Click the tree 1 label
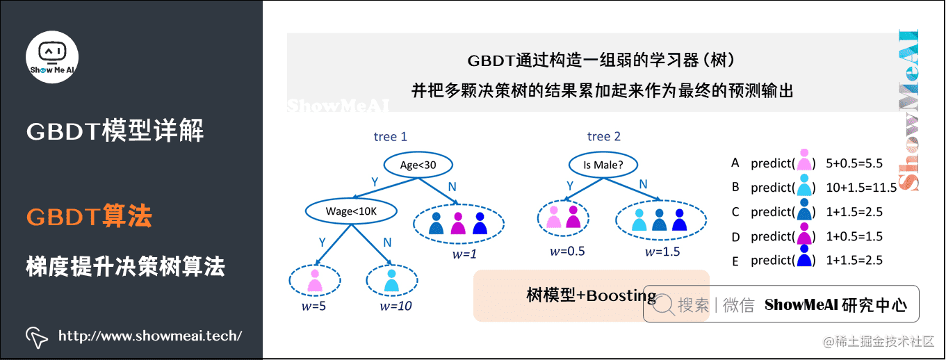click(390, 137)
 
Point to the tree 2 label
click(603, 137)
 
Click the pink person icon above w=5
click(315, 280)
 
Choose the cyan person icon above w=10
click(391, 280)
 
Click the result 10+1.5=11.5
click(855, 188)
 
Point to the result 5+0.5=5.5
click(854, 163)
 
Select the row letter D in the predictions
click(735, 236)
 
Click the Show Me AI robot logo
click(52, 55)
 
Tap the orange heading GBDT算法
click(89, 217)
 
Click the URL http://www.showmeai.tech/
click(150, 336)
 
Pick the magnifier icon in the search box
click(664, 304)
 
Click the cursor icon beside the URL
click(36, 336)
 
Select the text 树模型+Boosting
click(591, 296)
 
